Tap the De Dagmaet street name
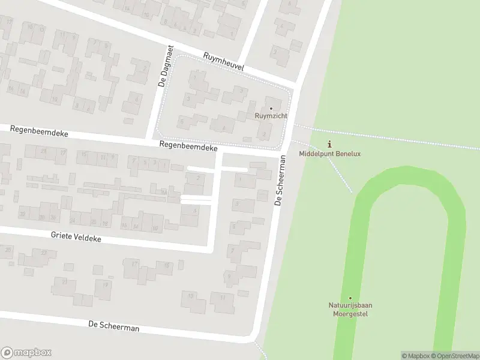(166, 66)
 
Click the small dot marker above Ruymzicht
(271, 109)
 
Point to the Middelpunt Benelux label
(329, 154)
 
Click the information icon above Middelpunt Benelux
(329, 144)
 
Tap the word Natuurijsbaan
(350, 305)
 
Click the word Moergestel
(350, 314)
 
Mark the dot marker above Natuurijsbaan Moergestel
(350, 298)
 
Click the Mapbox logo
(26, 353)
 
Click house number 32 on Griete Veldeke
(23, 214)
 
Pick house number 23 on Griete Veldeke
(44, 253)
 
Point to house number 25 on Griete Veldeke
(8, 248)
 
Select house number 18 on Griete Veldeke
(166, 265)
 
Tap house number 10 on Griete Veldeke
(155, 229)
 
